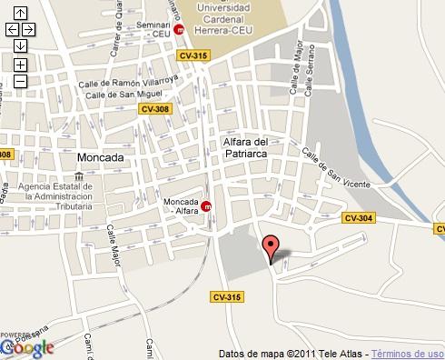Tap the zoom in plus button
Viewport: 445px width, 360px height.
pos(20,65)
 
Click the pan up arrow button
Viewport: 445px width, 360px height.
pos(20,14)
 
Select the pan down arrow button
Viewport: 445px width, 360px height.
pos(20,45)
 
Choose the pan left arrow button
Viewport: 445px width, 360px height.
pos(12,29)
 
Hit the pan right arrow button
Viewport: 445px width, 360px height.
pos(29,29)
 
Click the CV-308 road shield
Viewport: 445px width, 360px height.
pos(155,109)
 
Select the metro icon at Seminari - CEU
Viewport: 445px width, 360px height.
pos(180,29)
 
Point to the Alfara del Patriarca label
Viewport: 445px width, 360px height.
pos(245,148)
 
